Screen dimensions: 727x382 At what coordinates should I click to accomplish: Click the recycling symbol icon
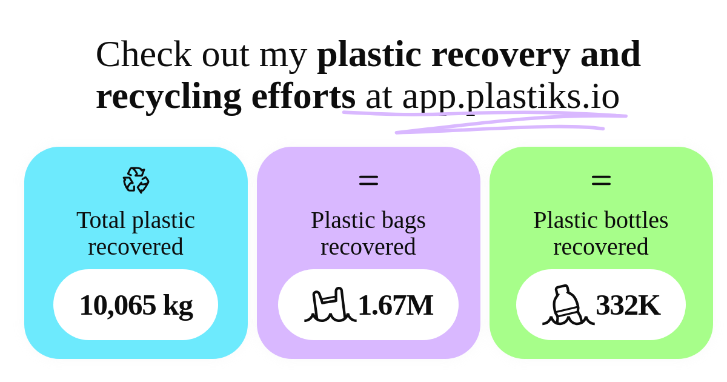pos(136,180)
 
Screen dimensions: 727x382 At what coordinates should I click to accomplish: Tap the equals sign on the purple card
pos(369,180)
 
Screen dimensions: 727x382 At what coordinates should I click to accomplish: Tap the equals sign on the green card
pos(602,180)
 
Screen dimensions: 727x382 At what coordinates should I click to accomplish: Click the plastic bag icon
pos(330,304)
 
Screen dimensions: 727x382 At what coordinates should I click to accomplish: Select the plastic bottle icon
pos(568,304)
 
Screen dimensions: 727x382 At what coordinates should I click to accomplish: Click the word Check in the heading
pos(144,55)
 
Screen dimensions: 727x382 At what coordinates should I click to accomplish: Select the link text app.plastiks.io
pos(511,97)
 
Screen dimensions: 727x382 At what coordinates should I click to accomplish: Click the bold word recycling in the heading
pos(168,97)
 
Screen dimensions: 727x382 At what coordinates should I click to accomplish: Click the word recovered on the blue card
pos(136,247)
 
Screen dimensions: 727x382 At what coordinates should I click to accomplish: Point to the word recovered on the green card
pos(601,247)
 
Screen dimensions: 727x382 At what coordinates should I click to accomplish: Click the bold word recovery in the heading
pos(501,56)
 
